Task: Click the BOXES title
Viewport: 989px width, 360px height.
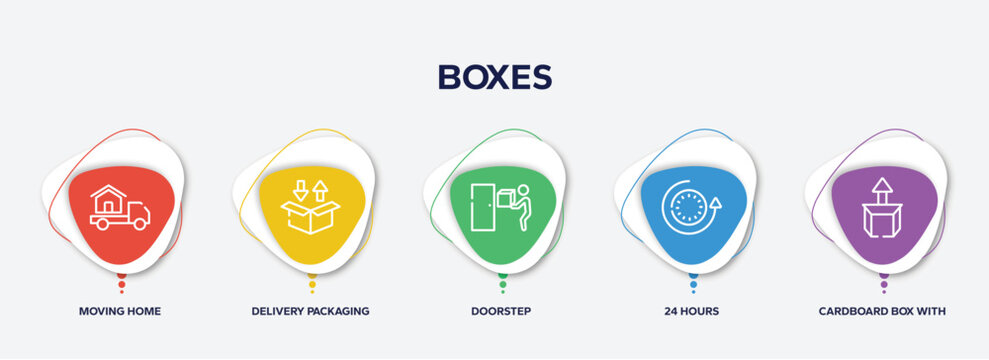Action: point(494,78)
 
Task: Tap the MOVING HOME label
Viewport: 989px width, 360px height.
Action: point(120,311)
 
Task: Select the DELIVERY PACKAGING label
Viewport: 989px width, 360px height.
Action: point(310,311)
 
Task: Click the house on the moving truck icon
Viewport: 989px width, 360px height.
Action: point(108,197)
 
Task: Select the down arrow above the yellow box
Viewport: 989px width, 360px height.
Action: point(300,189)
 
